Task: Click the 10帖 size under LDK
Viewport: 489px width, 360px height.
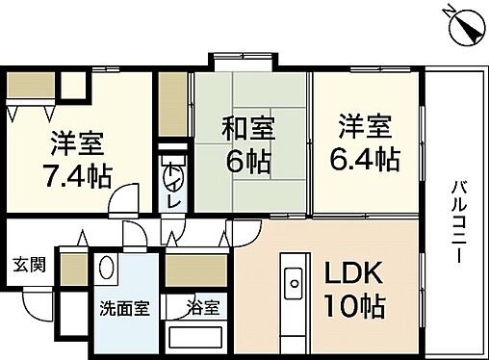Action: point(356,307)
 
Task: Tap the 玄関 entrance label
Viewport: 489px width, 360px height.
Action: point(27,265)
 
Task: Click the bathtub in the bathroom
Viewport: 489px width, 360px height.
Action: point(195,339)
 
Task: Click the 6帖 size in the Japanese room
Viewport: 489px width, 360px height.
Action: point(248,160)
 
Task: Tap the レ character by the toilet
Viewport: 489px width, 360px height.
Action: point(174,204)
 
